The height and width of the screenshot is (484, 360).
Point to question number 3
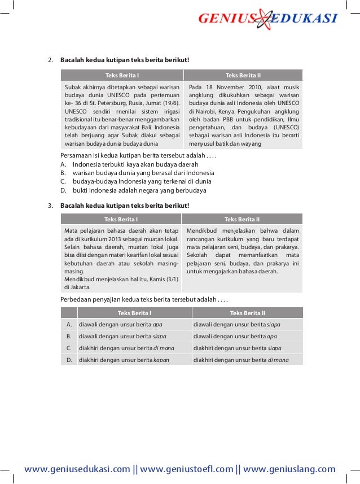coord(50,205)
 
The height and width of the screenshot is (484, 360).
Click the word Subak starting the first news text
coord(73,88)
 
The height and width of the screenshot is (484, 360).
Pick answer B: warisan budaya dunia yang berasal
coord(143,173)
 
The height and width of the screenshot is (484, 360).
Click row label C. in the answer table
coord(69,348)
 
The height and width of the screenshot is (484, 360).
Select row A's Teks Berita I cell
coord(134,324)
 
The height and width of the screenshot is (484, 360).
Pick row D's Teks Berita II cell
coord(247,359)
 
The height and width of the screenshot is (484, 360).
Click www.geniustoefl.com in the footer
coord(187,469)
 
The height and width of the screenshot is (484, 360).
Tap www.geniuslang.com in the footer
coord(289,469)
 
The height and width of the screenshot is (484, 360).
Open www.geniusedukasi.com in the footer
coord(77,469)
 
